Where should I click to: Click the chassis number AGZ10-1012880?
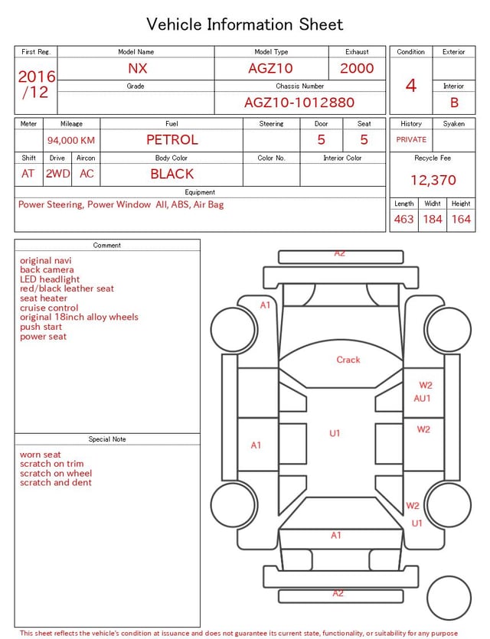click(x=299, y=103)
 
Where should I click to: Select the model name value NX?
click(x=137, y=68)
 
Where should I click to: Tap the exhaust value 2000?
click(x=357, y=68)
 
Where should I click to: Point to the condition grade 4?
click(x=411, y=86)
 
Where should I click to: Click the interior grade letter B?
click(x=454, y=103)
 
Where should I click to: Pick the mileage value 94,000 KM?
click(x=71, y=141)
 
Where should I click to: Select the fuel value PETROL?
click(x=172, y=140)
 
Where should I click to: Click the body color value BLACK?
click(x=172, y=174)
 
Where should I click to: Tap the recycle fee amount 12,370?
click(x=433, y=180)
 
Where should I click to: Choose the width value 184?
click(x=433, y=219)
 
